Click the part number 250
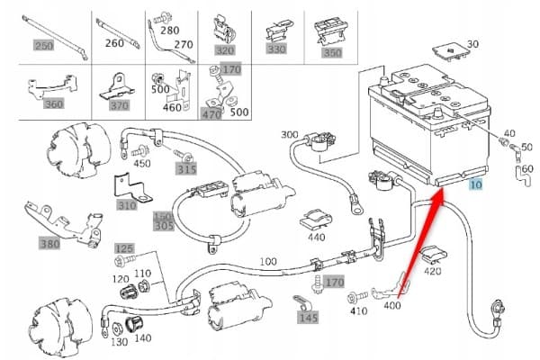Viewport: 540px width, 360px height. pos(43,46)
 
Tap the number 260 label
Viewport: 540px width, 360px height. pos(114,43)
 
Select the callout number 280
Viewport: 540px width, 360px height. pos(169,31)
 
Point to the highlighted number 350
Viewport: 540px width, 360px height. pos(332,53)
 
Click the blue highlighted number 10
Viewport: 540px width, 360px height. pos(476,184)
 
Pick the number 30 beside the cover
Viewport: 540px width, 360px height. pos(472,44)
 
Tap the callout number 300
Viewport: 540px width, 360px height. pos(289,134)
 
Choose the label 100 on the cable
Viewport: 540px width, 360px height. pos(268,262)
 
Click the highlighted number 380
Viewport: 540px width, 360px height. pos(50,244)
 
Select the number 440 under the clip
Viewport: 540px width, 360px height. pos(316,238)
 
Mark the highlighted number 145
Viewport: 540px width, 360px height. pos(308,318)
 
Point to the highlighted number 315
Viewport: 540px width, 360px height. pos(186,169)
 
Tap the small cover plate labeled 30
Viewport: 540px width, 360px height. pos(451,51)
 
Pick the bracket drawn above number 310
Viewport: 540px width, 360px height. pos(132,188)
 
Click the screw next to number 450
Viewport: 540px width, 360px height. pos(139,150)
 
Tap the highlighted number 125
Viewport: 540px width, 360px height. pos(124,248)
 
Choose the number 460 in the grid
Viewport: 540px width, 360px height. pos(172,107)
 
